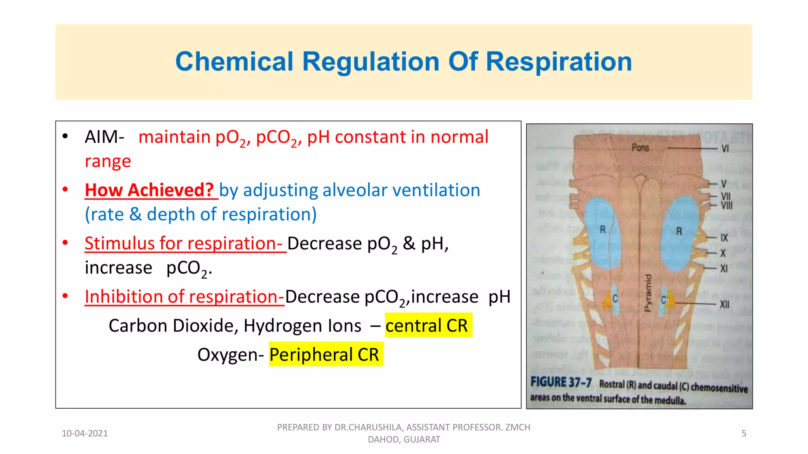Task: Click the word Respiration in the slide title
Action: click(558, 62)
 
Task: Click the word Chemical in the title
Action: click(234, 62)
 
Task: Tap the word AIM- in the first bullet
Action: click(104, 137)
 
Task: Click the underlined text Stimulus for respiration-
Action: click(185, 243)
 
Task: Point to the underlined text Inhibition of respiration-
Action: click(184, 296)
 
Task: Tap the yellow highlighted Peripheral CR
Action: click(325, 354)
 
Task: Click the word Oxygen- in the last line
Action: click(230, 354)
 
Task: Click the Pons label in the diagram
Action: click(640, 147)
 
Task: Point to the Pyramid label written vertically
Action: click(647, 293)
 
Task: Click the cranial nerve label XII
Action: click(724, 304)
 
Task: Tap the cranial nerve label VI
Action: click(725, 149)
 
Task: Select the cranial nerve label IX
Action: click(724, 238)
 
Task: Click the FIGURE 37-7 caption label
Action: click(561, 382)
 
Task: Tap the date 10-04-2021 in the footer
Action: click(84, 434)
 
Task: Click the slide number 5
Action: click(744, 434)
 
